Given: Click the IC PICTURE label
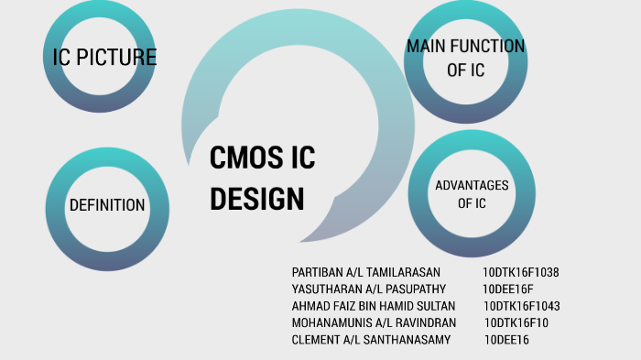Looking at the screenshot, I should (104, 58).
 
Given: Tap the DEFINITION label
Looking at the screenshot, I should (107, 205).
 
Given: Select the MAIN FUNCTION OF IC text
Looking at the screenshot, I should (466, 58).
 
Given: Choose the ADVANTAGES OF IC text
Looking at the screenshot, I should (472, 194).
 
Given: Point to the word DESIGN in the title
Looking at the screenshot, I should (256, 198).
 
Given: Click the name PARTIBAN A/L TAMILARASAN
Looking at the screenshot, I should (366, 273).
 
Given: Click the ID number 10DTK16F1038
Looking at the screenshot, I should (521, 273).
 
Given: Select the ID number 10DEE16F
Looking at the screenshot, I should (508, 289).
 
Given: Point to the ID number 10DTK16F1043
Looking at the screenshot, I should (521, 306).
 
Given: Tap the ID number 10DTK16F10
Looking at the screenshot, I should (516, 322).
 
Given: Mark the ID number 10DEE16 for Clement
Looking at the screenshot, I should (506, 340).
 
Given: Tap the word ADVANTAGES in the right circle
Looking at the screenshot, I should (472, 186).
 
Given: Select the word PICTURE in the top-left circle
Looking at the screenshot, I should (116, 58).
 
